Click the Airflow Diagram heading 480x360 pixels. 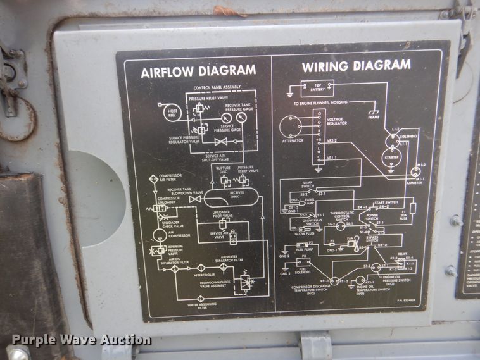(x=198, y=70)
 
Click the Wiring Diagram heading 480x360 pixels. (x=356, y=66)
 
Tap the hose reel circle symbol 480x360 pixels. (x=172, y=113)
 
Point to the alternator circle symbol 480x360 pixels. (x=292, y=127)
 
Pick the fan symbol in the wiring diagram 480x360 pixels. (x=350, y=242)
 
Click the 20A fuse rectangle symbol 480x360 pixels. (x=412, y=208)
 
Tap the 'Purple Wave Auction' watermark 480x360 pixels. (x=81, y=340)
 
